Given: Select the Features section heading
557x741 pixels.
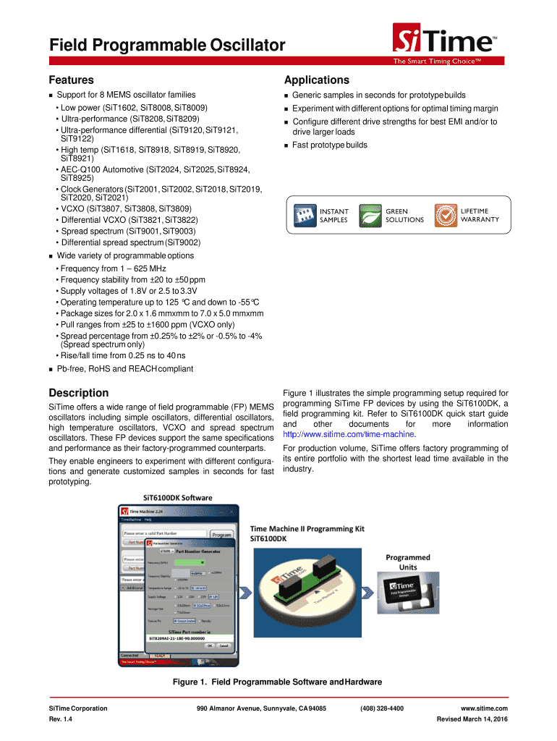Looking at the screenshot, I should [71, 80].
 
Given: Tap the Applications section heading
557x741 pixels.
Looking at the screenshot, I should [317, 80].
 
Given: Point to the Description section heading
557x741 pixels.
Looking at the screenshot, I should [78, 393].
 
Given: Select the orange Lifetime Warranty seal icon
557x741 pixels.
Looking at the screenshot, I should [445, 214].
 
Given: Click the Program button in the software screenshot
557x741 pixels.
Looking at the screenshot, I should [221, 535].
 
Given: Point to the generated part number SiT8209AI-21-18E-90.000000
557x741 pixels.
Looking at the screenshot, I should [178, 638].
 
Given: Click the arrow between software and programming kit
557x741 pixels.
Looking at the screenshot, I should [247, 592].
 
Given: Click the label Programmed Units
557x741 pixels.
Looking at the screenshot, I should [407, 562].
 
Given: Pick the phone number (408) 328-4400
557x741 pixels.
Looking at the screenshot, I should [381, 708].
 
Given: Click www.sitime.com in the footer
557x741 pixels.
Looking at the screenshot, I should [484, 708].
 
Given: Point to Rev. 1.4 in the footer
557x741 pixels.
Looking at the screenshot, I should [59, 720].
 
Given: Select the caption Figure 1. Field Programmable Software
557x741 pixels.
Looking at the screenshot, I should [277, 682].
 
